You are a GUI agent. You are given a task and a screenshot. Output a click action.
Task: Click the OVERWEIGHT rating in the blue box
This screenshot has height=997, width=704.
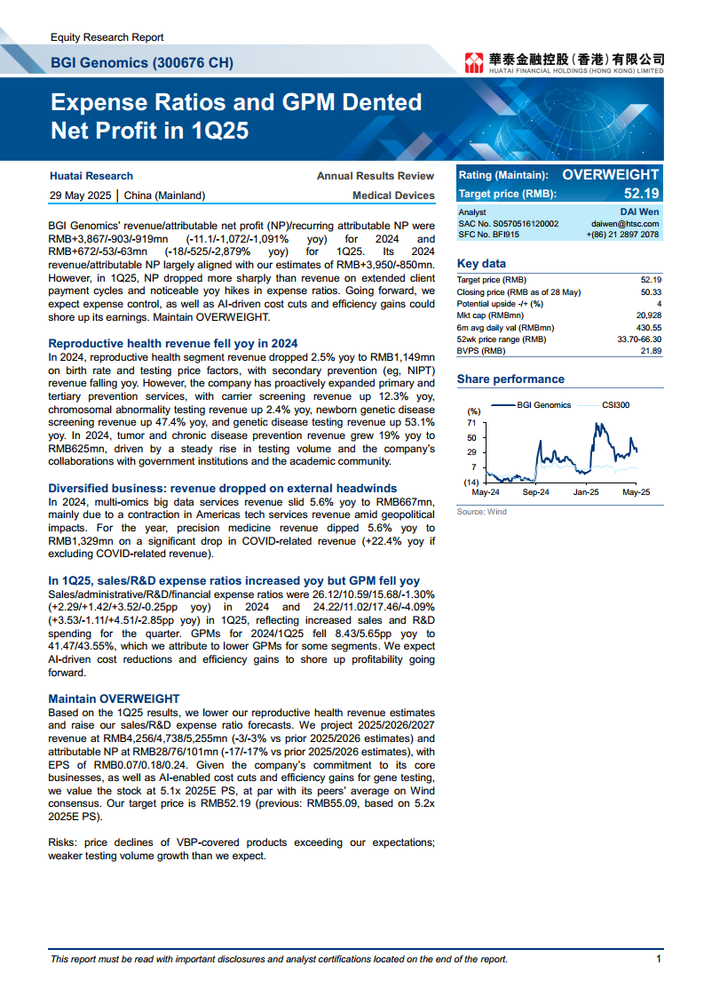coord(611,175)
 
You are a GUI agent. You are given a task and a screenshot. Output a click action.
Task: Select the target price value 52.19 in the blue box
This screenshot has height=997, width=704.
coord(642,194)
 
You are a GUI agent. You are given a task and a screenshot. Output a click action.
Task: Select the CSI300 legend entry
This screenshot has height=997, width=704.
coord(615,405)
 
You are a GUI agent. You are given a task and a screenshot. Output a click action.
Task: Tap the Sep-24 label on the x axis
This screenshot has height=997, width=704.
coord(535,491)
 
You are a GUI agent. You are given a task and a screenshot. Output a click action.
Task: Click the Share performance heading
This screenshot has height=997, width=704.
coord(510,379)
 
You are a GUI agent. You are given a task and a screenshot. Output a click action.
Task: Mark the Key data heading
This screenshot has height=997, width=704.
coord(481,263)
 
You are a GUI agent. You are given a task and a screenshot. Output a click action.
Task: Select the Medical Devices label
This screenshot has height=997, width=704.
coord(393,195)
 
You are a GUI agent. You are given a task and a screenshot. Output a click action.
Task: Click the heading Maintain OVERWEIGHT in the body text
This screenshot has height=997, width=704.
coord(114,698)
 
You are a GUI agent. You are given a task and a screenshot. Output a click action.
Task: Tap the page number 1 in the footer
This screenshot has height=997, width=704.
coord(659,959)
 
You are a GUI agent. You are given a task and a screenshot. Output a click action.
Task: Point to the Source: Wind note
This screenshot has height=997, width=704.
coord(481,512)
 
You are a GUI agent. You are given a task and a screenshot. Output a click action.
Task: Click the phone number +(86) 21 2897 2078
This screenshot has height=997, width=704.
coord(622,235)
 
